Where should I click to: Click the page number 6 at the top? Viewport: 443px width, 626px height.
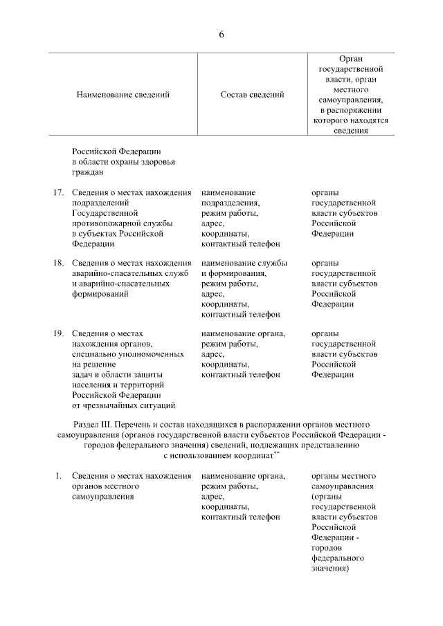[x=221, y=34]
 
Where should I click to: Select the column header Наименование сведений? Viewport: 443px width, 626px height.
[x=123, y=95]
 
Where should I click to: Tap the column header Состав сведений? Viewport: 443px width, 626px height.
[x=252, y=95]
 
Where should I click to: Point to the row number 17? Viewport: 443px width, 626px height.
[x=60, y=192]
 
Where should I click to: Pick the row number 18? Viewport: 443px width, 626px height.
[x=60, y=263]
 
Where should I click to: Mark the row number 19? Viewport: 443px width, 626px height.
[x=60, y=333]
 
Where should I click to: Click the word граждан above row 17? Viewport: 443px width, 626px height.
[x=87, y=172]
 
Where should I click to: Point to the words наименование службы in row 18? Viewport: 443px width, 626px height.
[x=244, y=263]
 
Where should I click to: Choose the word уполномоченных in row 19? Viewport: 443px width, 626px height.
[x=150, y=354]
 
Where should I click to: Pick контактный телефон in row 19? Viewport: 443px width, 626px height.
[x=240, y=375]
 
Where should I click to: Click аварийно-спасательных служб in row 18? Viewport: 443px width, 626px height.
[x=131, y=273]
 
